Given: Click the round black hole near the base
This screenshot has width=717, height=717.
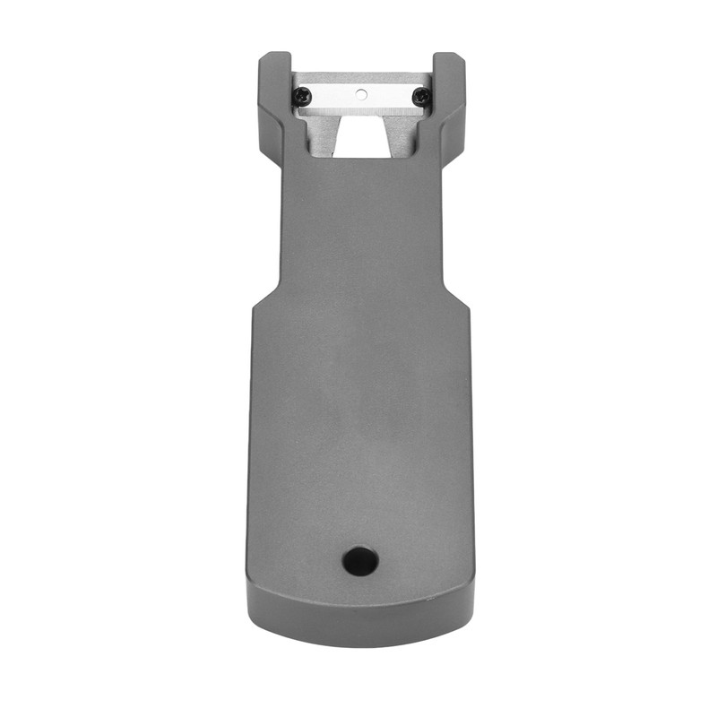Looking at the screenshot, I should (x=360, y=561).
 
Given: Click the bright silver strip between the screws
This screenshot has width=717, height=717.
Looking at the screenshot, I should (x=359, y=104).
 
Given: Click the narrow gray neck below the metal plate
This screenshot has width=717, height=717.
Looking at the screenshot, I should (x=359, y=224).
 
